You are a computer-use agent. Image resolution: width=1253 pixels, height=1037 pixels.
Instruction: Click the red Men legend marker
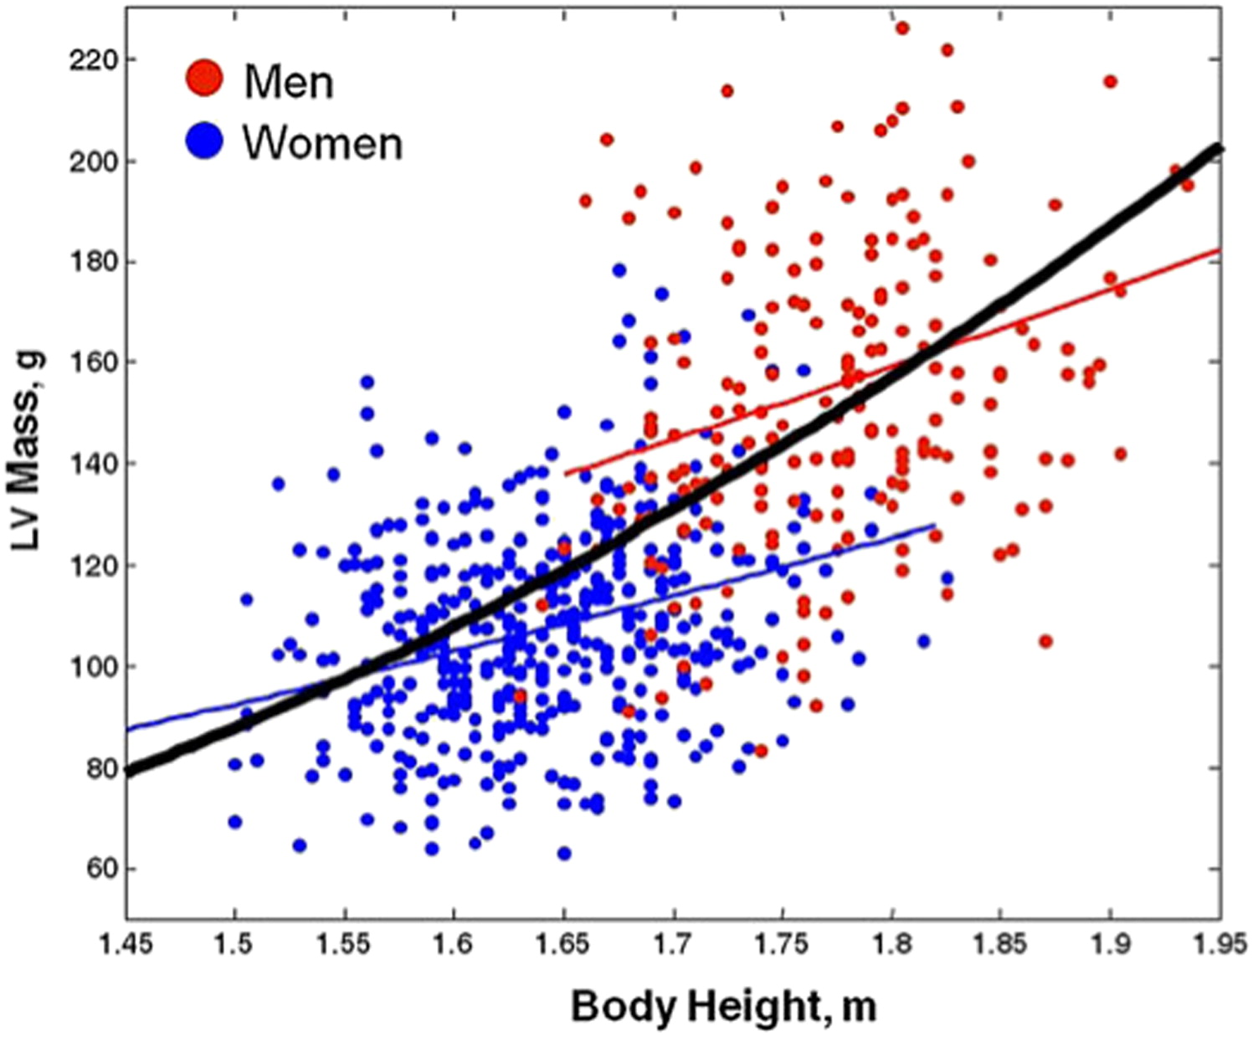point(203,78)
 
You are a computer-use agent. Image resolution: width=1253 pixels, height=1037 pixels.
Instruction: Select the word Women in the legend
point(322,143)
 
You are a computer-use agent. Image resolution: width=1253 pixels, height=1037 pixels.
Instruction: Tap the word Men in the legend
point(289,82)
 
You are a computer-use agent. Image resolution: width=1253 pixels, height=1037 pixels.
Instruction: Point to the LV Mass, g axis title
point(28,452)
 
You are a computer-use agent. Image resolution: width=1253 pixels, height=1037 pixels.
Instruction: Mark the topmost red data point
point(902,28)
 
